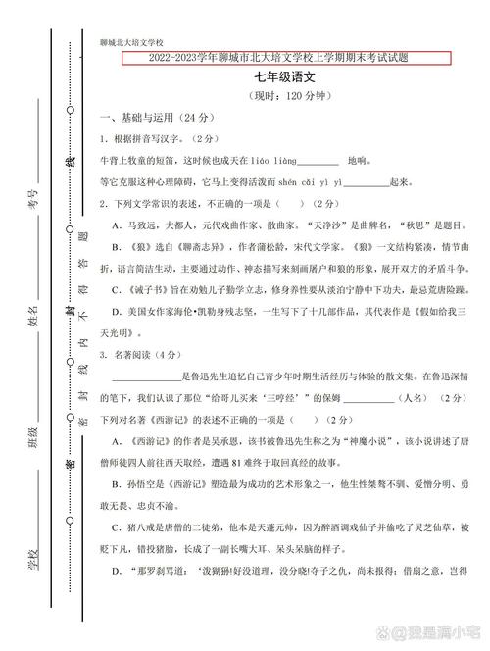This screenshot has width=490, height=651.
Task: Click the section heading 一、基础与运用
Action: coord(147,117)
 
